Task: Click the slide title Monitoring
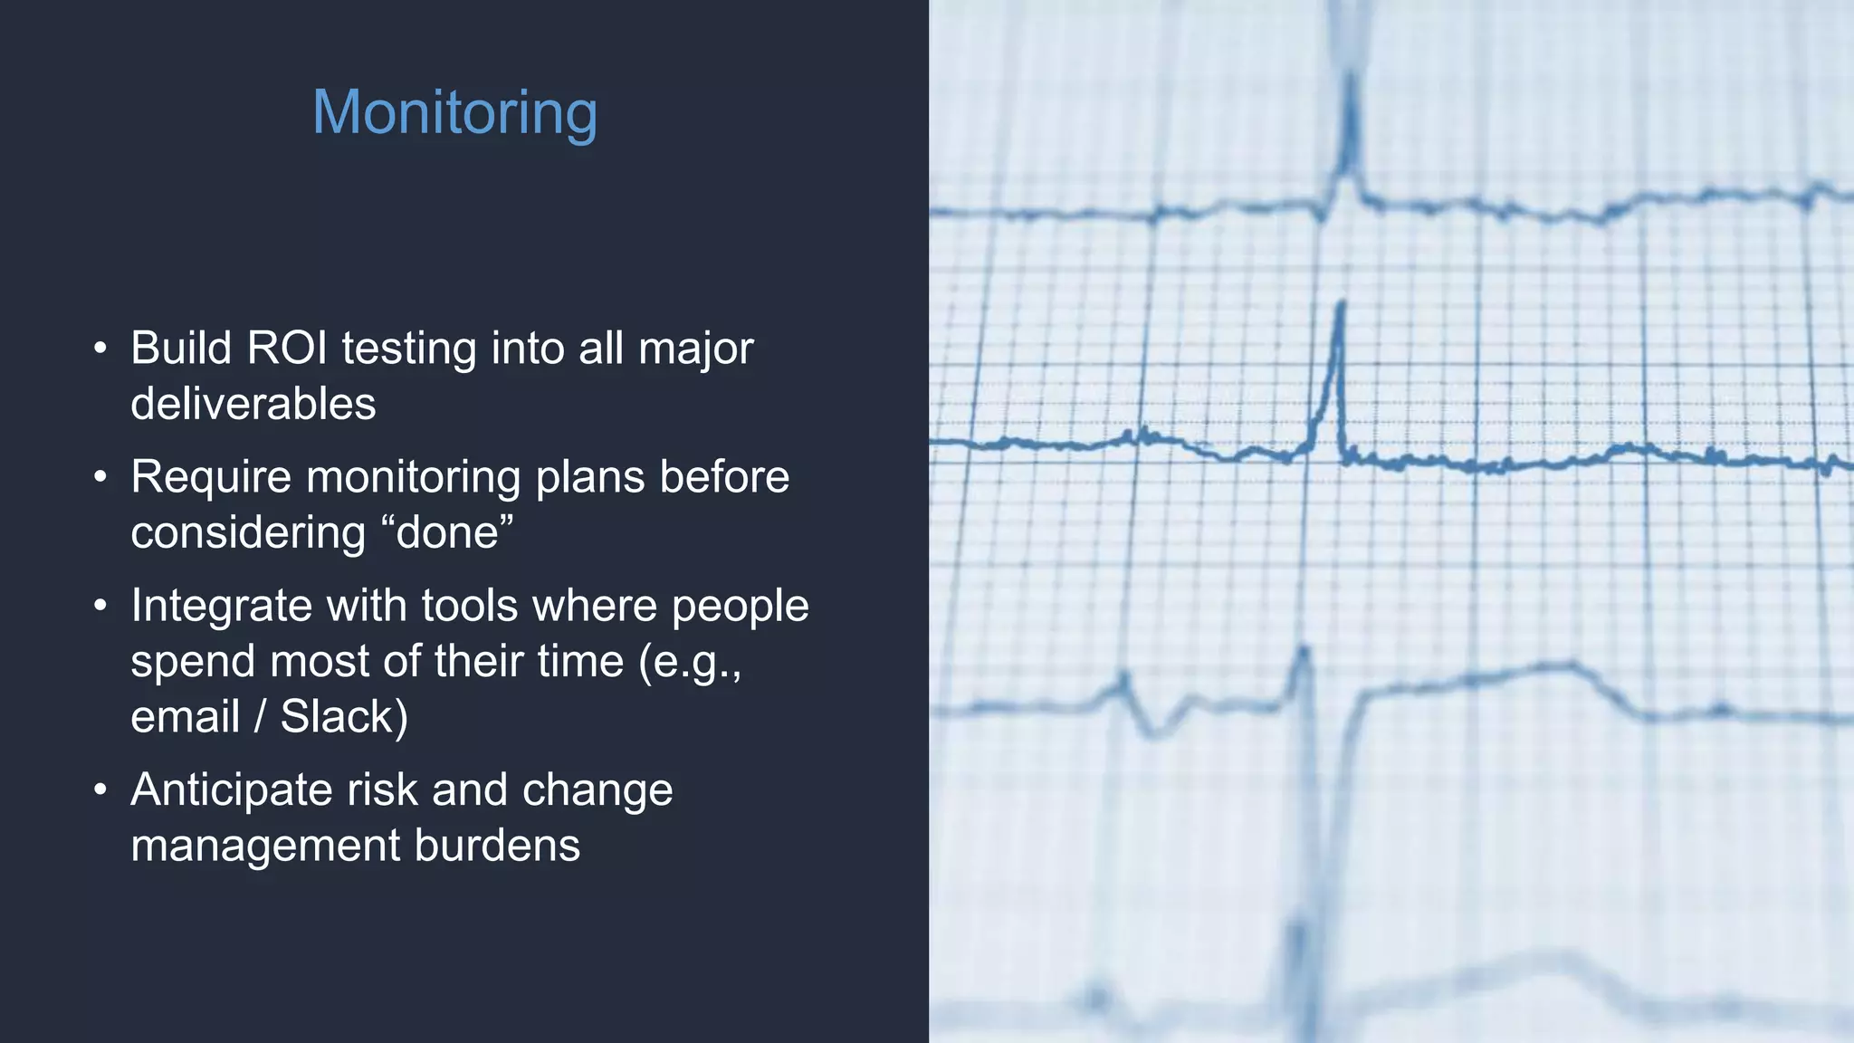[454, 113]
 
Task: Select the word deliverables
[253, 404]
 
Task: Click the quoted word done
[448, 532]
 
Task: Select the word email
[185, 716]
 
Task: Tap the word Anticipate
[231, 789]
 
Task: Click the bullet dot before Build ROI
[100, 349]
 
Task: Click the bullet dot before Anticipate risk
[100, 789]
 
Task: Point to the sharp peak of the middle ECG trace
[1341, 305]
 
